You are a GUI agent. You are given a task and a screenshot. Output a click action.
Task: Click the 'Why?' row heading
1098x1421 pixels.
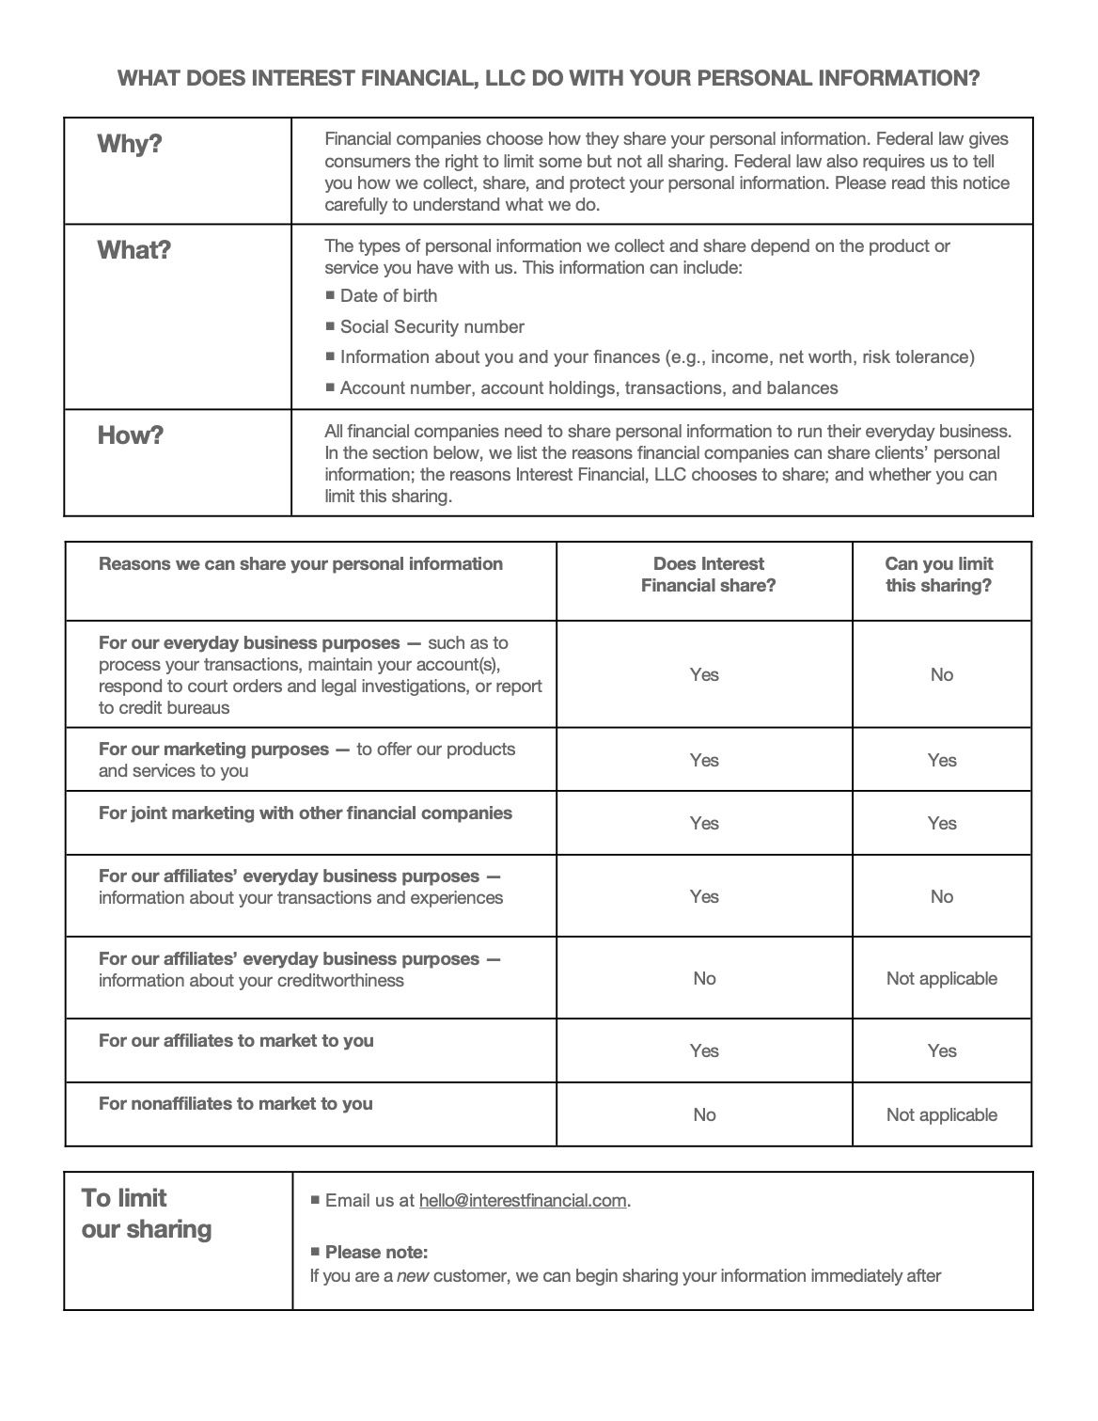[x=130, y=145]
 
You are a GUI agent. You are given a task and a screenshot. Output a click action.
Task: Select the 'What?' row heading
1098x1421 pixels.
[x=134, y=251]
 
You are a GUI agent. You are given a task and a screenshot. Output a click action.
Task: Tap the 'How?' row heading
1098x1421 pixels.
[x=131, y=436]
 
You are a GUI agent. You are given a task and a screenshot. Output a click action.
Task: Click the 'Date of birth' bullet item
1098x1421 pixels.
[x=388, y=296]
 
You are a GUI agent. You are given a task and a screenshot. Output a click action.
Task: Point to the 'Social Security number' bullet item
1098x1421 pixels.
[x=431, y=327]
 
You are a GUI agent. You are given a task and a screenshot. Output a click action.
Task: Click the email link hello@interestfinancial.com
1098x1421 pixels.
[x=523, y=1201]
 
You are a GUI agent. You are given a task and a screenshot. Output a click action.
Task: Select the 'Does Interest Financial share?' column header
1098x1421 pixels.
[x=708, y=576]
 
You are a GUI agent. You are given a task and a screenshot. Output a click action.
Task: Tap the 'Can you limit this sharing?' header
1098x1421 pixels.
[x=938, y=576]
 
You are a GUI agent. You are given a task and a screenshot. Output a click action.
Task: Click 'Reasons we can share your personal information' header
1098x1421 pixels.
[x=301, y=564]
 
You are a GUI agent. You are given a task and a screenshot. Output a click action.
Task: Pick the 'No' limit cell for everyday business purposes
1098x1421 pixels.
[x=941, y=675]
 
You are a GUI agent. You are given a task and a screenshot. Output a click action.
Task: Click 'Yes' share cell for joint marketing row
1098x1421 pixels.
[x=704, y=824]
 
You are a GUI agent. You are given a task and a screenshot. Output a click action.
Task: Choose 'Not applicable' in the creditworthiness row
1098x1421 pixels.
[x=941, y=979]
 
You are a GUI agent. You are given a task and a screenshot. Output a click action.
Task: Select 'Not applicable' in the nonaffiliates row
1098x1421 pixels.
[x=941, y=1115]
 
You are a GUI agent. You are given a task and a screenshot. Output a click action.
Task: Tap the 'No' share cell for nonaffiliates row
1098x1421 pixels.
[x=704, y=1115]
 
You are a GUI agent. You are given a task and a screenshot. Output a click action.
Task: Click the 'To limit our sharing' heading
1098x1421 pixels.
[x=146, y=1214]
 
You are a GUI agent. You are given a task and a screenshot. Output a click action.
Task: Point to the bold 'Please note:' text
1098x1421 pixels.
[x=376, y=1253]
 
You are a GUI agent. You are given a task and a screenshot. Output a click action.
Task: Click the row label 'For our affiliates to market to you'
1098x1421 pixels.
[x=236, y=1041]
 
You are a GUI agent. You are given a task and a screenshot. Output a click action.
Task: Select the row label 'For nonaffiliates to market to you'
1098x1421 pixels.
[x=236, y=1104]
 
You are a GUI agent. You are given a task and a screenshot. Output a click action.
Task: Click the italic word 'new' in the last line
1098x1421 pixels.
[x=414, y=1277]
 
